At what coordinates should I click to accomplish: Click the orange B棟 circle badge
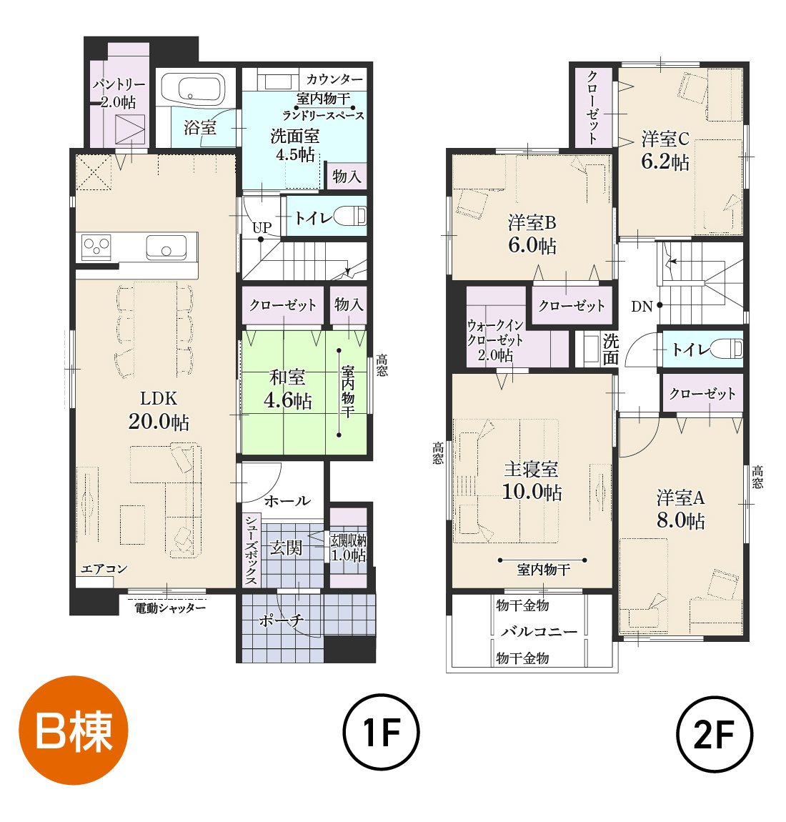tap(74, 730)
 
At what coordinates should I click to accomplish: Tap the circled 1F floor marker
tap(381, 732)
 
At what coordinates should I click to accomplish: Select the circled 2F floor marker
tap(715, 733)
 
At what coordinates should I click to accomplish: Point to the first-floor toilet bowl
tap(350, 216)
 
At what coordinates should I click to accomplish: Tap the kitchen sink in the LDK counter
tap(166, 247)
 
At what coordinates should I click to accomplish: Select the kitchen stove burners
tap(96, 247)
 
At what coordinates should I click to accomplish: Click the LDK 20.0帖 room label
tap(159, 410)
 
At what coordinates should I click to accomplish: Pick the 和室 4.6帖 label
tap(287, 389)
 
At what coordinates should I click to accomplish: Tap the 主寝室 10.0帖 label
tap(532, 481)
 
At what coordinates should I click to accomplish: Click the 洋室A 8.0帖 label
tap(681, 509)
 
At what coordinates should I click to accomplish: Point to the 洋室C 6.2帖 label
tap(665, 150)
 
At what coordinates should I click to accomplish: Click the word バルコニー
tap(539, 631)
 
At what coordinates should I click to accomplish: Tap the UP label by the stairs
tap(262, 227)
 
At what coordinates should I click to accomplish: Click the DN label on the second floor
tap(642, 306)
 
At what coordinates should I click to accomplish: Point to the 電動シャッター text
tap(170, 608)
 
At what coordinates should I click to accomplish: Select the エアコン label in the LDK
tap(104, 569)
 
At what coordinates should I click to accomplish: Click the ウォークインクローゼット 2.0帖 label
tap(495, 340)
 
